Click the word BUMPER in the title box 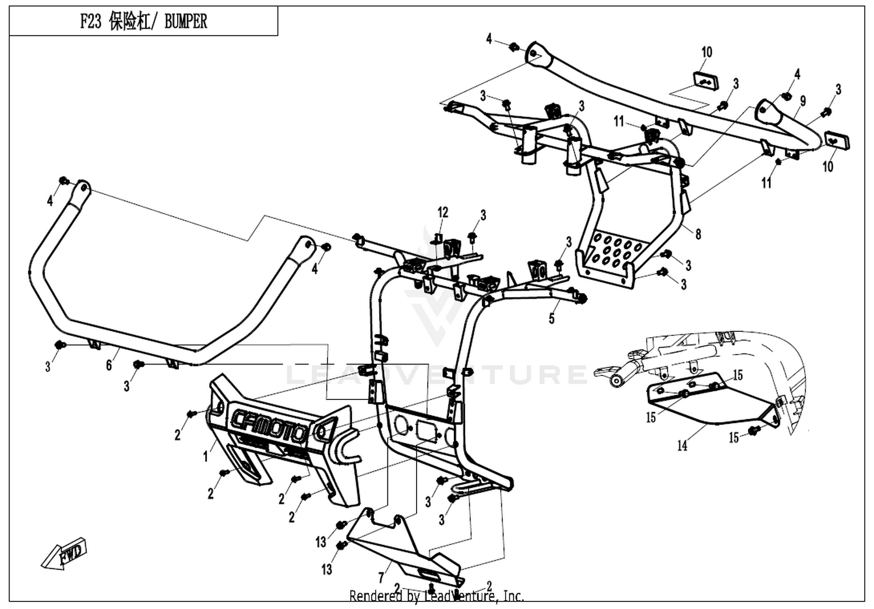tap(186, 22)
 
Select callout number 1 tap(206, 456)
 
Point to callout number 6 tap(109, 365)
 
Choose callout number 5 tap(551, 318)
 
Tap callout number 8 tap(698, 234)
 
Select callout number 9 tap(802, 101)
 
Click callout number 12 tap(442, 213)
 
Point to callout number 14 tap(682, 445)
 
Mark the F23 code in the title tap(91, 22)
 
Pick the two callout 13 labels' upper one tap(320, 542)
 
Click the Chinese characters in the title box tap(130, 22)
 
